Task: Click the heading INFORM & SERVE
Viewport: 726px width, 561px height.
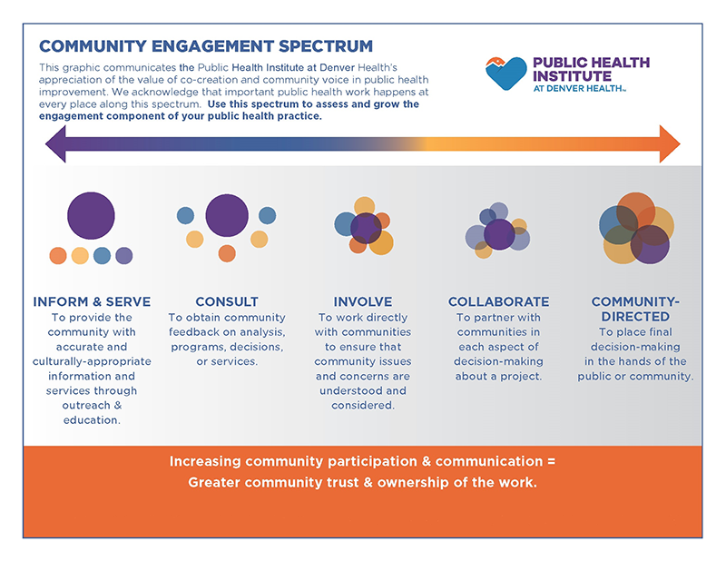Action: (92, 301)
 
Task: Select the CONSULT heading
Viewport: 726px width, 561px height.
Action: (227, 301)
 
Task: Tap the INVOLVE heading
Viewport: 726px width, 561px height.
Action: (363, 301)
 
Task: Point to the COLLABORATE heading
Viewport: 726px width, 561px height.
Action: (498, 301)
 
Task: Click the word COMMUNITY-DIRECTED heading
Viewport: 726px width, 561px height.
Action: (635, 309)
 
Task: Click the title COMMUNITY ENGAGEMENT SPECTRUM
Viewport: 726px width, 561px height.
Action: (206, 46)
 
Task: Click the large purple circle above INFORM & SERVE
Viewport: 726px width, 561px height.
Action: (91, 216)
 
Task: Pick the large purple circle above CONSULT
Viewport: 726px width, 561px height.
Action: (227, 216)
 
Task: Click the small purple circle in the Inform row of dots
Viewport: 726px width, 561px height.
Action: (124, 256)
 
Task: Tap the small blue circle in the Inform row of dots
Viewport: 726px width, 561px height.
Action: (102, 256)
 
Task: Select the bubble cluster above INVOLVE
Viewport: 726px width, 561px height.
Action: (364, 226)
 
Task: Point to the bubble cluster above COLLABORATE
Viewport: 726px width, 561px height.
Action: (497, 231)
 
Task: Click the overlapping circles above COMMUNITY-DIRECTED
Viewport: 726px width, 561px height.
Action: (636, 229)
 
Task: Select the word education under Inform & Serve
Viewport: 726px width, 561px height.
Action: (92, 420)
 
